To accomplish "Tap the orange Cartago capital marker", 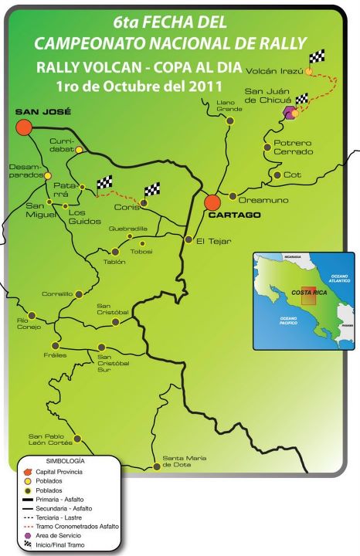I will pos(212,202).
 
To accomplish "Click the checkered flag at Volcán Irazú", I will pos(316,57).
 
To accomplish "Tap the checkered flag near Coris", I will pos(151,189).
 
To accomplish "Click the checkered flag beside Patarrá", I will pos(104,182).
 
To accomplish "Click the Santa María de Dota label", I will pos(184,461).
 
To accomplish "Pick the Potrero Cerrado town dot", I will pos(267,146).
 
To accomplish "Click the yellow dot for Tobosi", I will pos(141,243).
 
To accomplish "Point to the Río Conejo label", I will pos(17,324).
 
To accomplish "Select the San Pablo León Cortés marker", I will pos(77,438).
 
